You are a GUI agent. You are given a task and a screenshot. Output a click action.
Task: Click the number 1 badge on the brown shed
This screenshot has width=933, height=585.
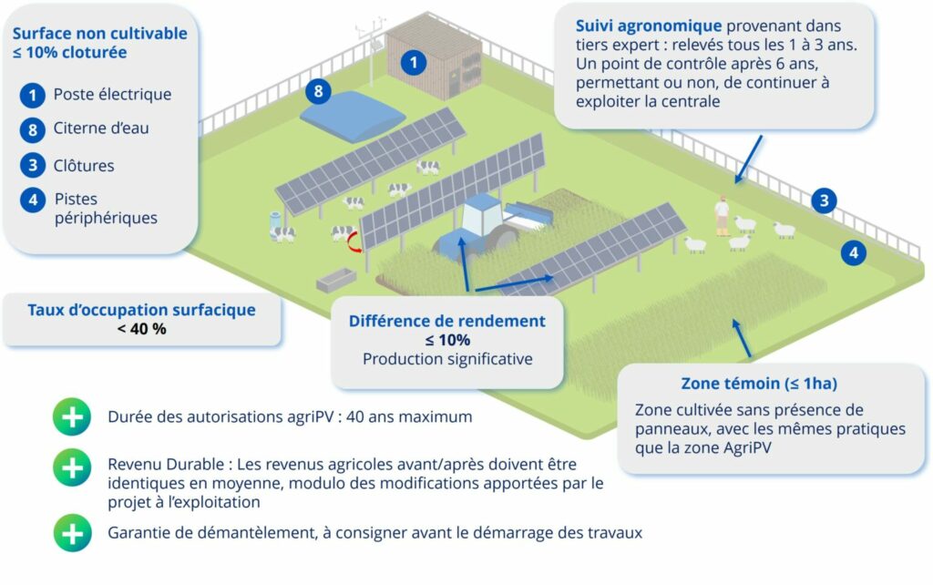point(414,63)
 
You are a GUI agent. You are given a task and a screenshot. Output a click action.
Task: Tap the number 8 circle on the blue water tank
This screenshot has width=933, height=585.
point(318,91)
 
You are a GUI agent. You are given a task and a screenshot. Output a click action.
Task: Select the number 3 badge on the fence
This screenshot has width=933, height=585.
point(824,201)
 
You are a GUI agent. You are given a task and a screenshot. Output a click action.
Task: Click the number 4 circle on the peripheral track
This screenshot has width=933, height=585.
point(853,253)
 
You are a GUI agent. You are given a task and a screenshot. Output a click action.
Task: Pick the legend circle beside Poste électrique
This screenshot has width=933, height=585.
point(33,94)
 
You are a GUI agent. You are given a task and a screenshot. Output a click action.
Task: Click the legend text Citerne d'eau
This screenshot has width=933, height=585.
point(101,128)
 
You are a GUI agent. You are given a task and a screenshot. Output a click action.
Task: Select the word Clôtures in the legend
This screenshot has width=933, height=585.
point(84,166)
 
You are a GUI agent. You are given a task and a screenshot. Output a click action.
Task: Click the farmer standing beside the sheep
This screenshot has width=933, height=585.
point(722,214)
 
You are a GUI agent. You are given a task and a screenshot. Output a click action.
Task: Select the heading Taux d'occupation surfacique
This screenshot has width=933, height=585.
point(141,310)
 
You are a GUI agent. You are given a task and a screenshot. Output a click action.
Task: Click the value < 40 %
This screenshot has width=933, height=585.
point(141,329)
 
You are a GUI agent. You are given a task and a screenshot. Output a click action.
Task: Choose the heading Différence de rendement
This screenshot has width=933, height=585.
point(447,321)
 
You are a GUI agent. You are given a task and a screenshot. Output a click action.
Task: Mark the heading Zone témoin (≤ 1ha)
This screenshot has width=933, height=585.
point(759,383)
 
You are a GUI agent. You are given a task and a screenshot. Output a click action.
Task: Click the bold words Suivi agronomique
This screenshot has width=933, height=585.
point(648,26)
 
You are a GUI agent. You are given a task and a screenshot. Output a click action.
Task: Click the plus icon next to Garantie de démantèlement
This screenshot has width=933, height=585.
point(72,532)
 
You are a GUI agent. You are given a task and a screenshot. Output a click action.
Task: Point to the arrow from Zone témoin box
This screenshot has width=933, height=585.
point(743,337)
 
